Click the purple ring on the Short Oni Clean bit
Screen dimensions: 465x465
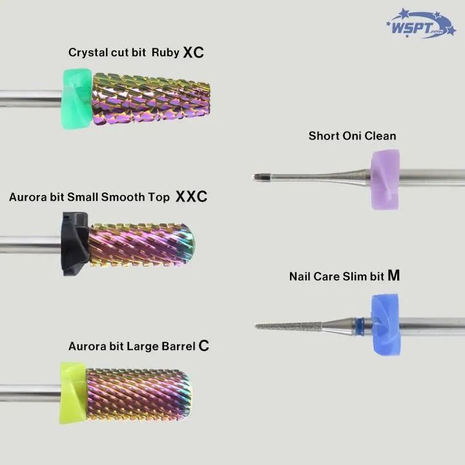pyautogui.click(x=383, y=179)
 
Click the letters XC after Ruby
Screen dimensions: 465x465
pyautogui.click(x=193, y=52)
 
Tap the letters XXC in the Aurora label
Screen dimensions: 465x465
pyautogui.click(x=191, y=197)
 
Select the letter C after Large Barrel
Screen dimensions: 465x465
pyautogui.click(x=203, y=346)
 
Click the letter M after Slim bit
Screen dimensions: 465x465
pyautogui.click(x=393, y=276)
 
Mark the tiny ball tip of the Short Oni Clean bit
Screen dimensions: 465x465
pyautogui.click(x=256, y=176)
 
